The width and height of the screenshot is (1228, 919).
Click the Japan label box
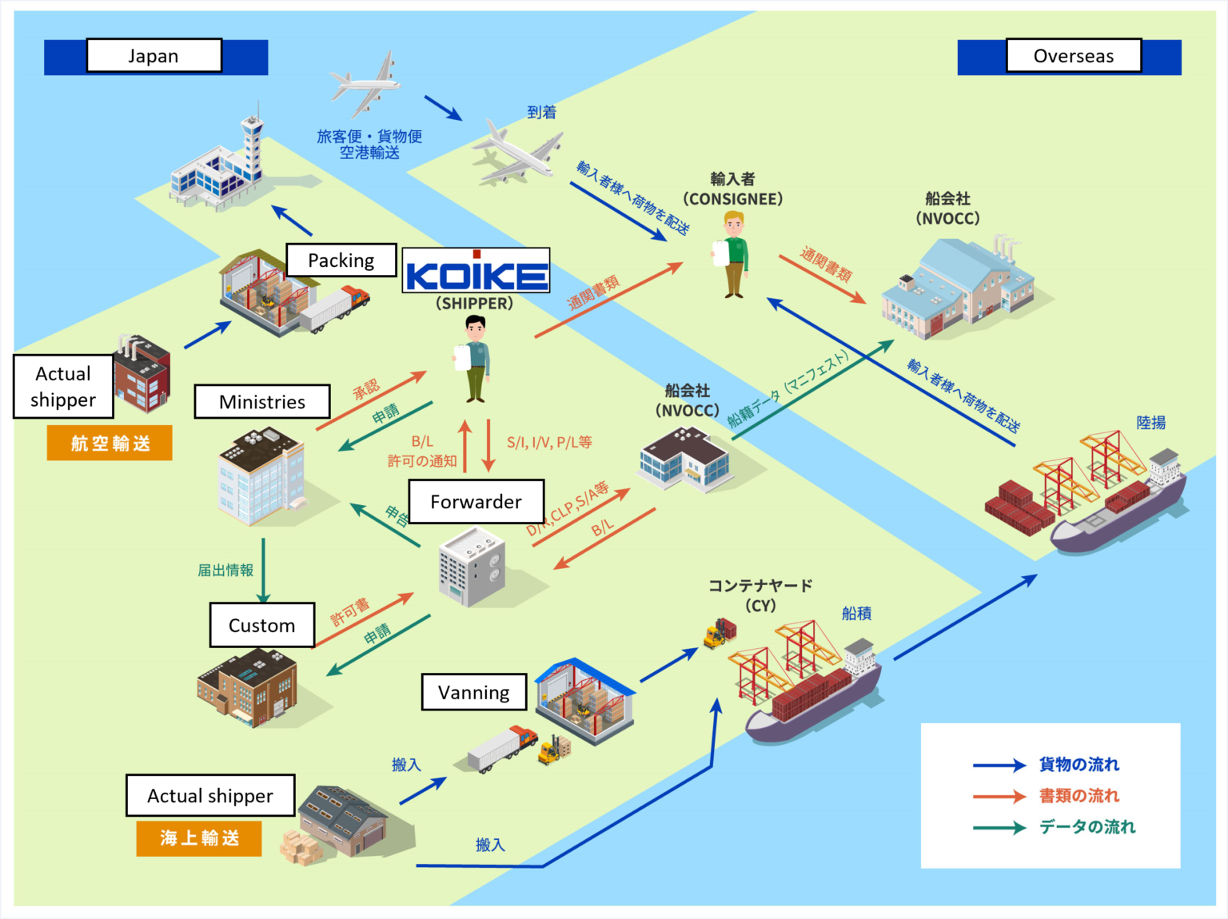tap(153, 56)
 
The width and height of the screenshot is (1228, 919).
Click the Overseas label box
tap(1073, 56)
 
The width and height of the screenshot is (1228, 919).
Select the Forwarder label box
tap(476, 502)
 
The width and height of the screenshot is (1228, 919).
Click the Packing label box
tap(341, 261)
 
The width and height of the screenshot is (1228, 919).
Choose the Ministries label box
tap(262, 402)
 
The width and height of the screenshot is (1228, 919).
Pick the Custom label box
tap(262, 626)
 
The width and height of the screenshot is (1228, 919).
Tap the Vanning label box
tap(473, 692)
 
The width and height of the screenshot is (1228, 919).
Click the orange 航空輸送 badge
tap(110, 444)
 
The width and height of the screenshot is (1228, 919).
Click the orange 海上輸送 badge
tap(199, 838)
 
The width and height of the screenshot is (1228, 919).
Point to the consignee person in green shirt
tap(734, 254)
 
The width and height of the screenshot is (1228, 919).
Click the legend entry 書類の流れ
tap(1078, 796)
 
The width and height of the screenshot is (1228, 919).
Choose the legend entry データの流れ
tap(1086, 827)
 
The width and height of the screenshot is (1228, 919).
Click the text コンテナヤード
tap(760, 586)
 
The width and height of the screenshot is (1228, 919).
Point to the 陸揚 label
tap(1150, 423)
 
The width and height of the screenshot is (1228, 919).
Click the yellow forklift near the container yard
tap(716, 635)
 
